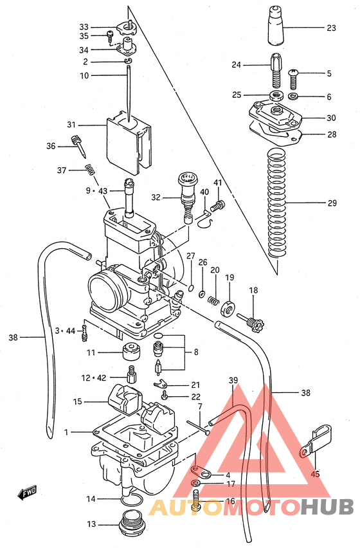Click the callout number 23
coord(331,28)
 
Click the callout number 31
coord(71,125)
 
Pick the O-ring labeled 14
coord(130,501)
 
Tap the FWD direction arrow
coord(28,493)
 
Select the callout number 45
coord(315,475)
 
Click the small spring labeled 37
coord(91,170)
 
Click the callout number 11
coord(91,352)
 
